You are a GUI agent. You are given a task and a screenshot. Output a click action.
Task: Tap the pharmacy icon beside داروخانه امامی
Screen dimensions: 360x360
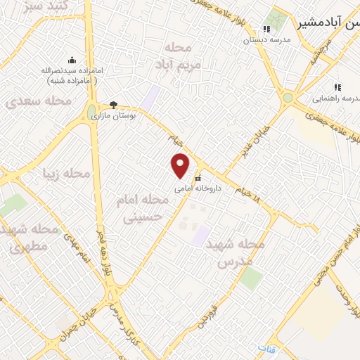click(x=198, y=178)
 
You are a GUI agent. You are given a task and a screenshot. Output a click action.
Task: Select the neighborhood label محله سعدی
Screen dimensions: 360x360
click(x=39, y=101)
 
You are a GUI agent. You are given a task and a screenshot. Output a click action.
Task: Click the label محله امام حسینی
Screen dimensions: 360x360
click(x=143, y=209)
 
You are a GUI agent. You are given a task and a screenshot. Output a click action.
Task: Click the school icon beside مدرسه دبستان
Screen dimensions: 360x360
click(x=266, y=29)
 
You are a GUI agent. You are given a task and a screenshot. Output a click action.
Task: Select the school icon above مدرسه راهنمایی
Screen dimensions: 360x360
click(x=337, y=87)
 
